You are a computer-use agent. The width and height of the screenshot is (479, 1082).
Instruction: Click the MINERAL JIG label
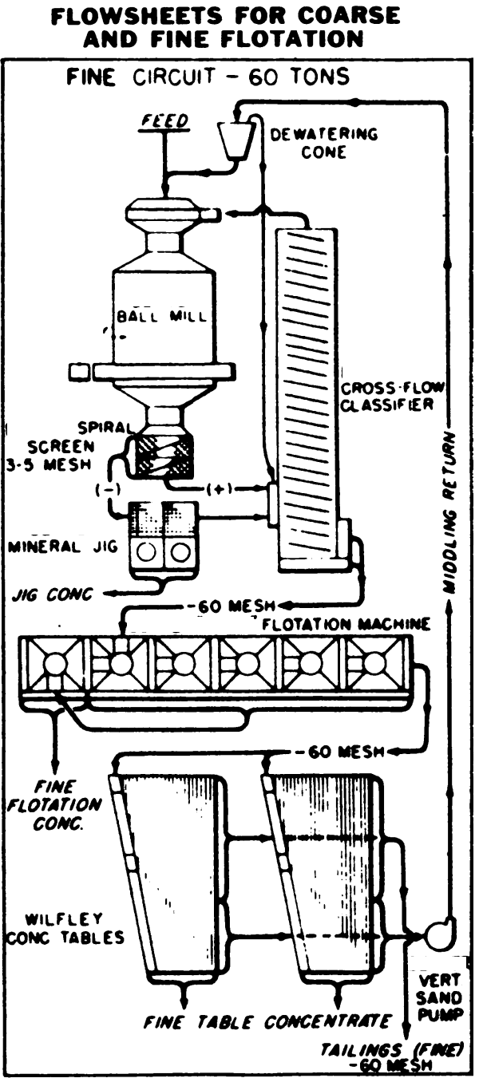(x=61, y=548)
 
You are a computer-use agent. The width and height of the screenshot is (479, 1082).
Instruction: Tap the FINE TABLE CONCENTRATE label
(x=267, y=1021)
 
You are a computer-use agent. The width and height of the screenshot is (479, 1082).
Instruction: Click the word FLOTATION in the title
(x=307, y=38)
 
